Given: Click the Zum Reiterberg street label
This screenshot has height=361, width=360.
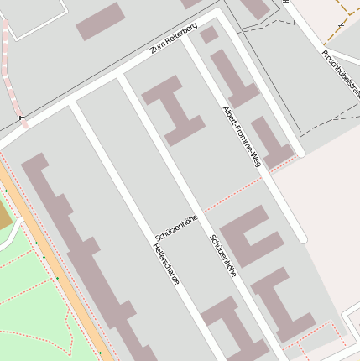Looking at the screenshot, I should pyautogui.click(x=174, y=39).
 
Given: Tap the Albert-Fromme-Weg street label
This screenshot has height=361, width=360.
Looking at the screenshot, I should pyautogui.click(x=242, y=137).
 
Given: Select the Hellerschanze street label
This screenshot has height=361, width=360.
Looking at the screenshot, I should pyautogui.click(x=166, y=264).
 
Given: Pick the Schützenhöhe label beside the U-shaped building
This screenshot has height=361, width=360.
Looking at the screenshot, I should pyautogui.click(x=223, y=255).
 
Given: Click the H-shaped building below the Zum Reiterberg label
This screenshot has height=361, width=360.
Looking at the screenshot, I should pyautogui.click(x=174, y=110).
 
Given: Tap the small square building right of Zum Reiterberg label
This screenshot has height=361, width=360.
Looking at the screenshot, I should pyautogui.click(x=209, y=35).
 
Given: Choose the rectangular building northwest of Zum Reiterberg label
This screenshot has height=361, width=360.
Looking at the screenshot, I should pyautogui.click(x=100, y=21).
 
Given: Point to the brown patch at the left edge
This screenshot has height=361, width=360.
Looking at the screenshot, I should pyautogui.click(x=4, y=217).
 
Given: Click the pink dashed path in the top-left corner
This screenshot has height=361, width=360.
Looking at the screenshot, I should pyautogui.click(x=13, y=76).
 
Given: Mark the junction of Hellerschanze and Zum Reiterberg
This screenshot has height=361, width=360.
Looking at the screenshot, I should pyautogui.click(x=72, y=102).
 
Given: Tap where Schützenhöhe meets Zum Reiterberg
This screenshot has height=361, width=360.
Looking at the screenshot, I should pyautogui.click(x=120, y=76).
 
